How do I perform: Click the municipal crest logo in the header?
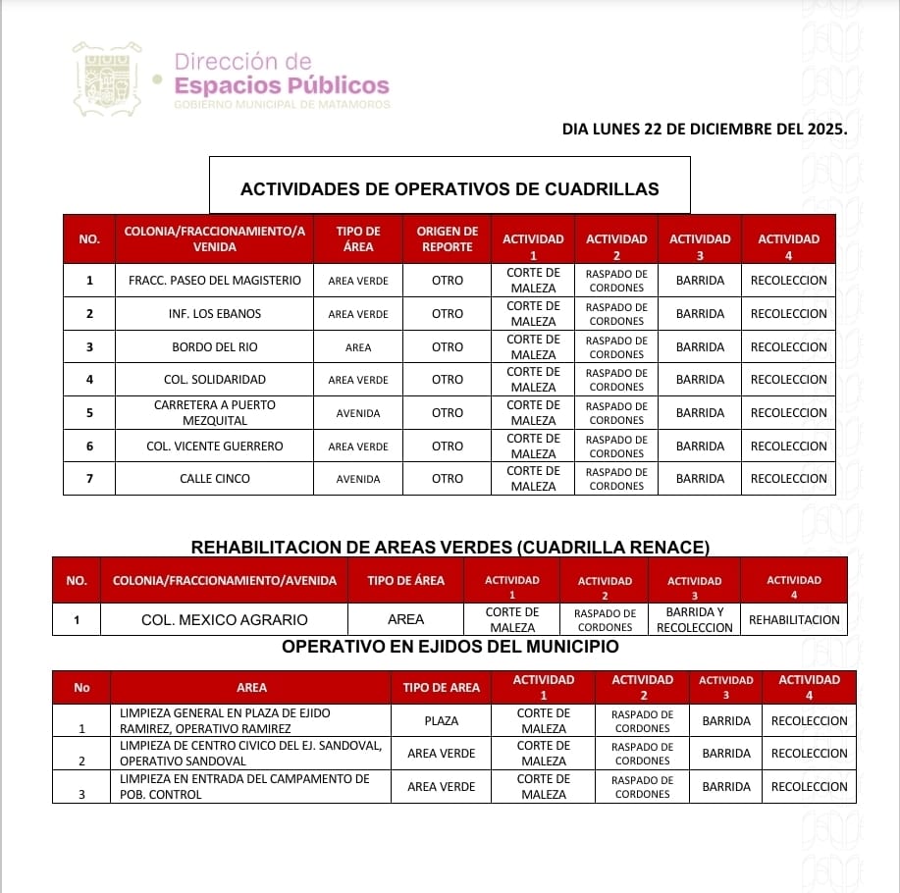point(106,79)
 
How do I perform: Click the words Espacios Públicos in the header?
point(282,85)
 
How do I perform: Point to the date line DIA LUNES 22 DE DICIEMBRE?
point(704,129)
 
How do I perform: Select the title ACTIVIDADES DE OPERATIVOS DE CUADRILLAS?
point(450,188)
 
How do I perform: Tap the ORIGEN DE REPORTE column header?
point(447,238)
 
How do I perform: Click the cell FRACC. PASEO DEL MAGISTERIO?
point(215,281)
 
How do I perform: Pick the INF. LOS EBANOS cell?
point(215,314)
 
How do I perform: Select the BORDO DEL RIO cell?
point(215,347)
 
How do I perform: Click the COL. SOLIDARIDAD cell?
point(215,380)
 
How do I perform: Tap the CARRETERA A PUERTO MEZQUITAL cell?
point(215,413)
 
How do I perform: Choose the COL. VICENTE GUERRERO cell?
point(215,446)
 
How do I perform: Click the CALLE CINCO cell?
point(215,479)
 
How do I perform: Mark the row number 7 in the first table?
point(89,479)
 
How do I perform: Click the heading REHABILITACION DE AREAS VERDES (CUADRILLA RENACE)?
point(450,547)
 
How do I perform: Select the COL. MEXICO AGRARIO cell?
point(225,620)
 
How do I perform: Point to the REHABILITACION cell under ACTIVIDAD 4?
point(794,620)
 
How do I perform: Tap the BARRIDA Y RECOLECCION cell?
point(695,620)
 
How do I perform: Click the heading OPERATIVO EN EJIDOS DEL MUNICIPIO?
point(450,647)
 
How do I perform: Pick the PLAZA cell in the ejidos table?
point(442,721)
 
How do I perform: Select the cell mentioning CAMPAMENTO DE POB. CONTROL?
point(250,787)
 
